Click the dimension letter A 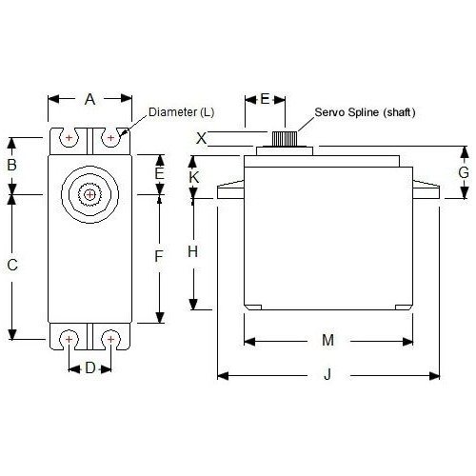pos(89,99)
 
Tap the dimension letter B pos(11,165)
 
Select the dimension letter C pos(12,265)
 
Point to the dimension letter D pos(90,368)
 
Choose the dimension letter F pos(159,256)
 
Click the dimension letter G pos(464,172)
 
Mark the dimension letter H pos(192,251)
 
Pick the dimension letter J pos(327,374)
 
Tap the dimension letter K pos(193,177)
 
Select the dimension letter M pos(327,340)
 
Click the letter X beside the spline pos(201,138)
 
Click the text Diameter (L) pos(181,112)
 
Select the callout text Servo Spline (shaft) pos(365,112)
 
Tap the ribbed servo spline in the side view pos(285,139)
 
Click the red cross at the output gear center pos(89,194)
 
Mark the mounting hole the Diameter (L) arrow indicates pos(110,137)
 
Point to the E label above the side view pos(265,99)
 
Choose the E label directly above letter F pos(159,174)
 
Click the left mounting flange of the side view pos(230,189)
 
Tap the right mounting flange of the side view pos(426,189)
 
